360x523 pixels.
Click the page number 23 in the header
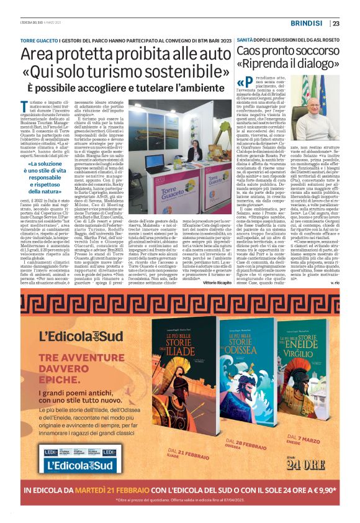coord(336,24)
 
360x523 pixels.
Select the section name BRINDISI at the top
coord(304,24)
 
